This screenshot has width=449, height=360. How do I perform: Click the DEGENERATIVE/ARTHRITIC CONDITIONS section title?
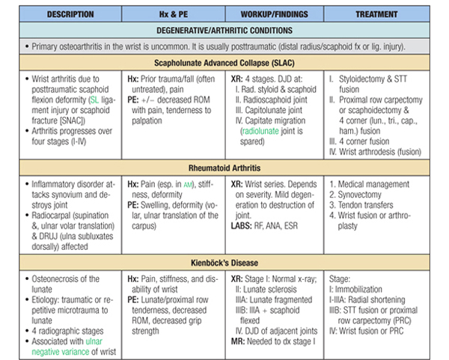[224, 32]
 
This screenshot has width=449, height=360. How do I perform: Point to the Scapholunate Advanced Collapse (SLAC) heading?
[224, 64]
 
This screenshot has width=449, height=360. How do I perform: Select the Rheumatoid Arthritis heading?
[224, 168]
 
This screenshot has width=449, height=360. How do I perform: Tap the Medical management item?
[373, 183]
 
